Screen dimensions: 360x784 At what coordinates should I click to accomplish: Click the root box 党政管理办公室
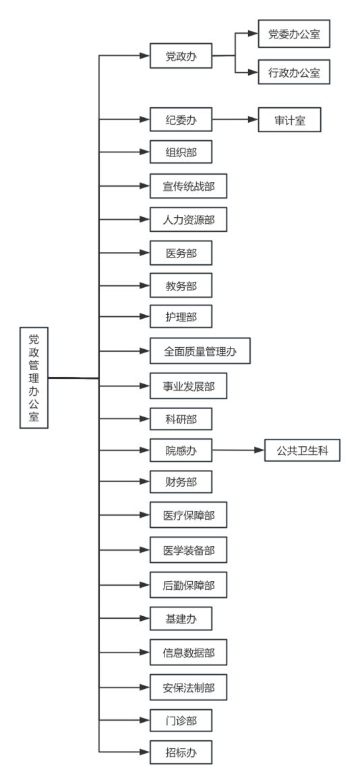coord(34,378)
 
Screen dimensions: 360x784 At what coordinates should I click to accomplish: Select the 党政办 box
coord(181,55)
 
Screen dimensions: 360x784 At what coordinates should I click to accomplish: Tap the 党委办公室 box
coord(294,34)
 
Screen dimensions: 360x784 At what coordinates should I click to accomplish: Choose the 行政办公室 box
coord(294,73)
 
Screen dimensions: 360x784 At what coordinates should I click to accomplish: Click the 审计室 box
coord(289,120)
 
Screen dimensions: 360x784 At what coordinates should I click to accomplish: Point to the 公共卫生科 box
coord(303,450)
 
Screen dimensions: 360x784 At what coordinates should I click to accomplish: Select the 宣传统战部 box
coord(189,186)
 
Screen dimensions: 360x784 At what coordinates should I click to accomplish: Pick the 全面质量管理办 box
coord(200,351)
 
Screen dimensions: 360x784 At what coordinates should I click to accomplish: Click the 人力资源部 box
coord(189,220)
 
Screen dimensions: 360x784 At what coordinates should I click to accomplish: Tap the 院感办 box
coord(181,450)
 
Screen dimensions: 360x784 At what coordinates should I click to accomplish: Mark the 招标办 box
coord(181,752)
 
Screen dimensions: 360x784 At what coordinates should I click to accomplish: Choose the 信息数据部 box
coord(189,653)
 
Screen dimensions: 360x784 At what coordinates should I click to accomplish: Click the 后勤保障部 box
coord(189,585)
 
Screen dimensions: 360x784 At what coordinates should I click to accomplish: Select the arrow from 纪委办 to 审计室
coord(235,120)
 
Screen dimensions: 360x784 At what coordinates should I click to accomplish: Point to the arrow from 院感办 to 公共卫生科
coord(239,450)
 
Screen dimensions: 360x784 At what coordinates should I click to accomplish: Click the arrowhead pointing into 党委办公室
coord(253,34)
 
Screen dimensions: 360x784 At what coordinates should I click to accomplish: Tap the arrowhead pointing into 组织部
coord(145,152)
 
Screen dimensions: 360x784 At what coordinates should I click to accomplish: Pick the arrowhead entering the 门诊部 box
coord(145,721)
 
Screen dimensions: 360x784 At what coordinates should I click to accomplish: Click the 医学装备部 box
coord(189,550)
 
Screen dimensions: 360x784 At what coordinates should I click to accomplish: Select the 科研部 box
coord(181,419)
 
